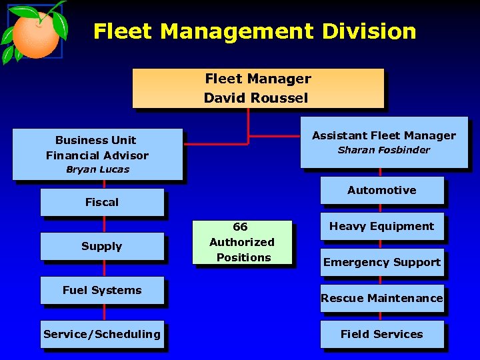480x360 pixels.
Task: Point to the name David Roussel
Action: click(x=256, y=98)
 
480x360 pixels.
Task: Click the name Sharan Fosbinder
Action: click(x=383, y=150)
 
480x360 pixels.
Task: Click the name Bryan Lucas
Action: click(x=97, y=169)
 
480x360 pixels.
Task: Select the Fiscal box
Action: click(x=102, y=202)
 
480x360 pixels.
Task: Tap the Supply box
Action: click(x=102, y=246)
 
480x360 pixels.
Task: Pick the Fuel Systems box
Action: click(x=102, y=290)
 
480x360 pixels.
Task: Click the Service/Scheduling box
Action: click(x=102, y=334)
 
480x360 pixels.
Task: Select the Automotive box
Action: click(x=381, y=190)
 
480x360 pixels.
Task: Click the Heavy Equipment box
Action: click(x=381, y=226)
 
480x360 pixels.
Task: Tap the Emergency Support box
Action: click(x=381, y=262)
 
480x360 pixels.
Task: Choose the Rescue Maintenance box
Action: click(x=381, y=298)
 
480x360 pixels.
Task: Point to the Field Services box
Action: click(x=381, y=334)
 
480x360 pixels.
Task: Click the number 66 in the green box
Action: click(x=240, y=227)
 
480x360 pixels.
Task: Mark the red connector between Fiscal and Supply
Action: click(x=104, y=224)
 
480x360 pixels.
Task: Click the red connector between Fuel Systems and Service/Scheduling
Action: click(x=104, y=312)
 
